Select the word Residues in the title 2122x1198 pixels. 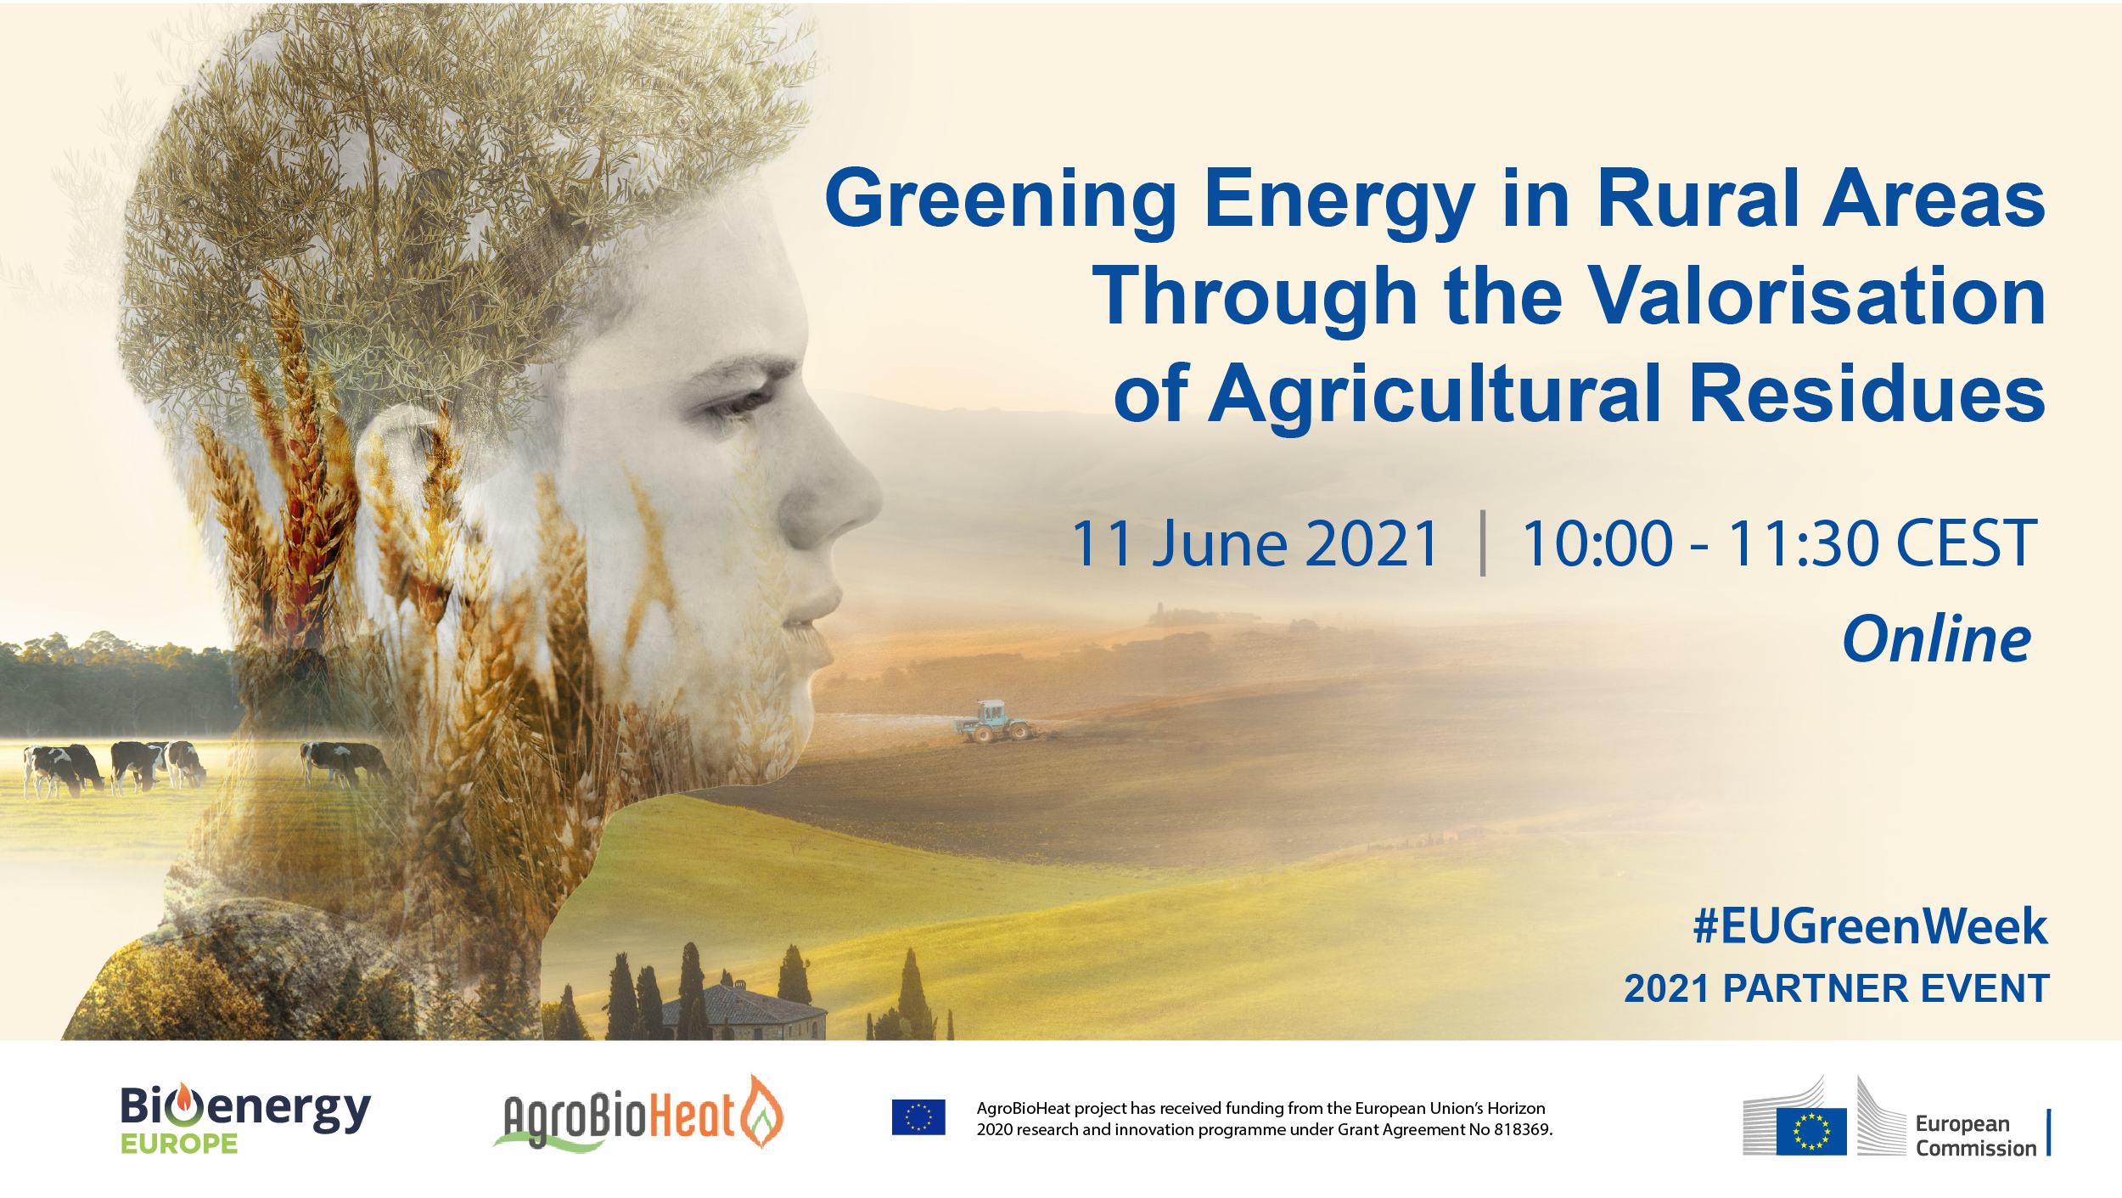[1867, 393]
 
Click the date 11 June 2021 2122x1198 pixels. [1255, 543]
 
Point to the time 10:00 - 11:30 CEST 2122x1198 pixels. [1779, 543]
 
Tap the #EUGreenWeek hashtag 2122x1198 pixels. [1870, 925]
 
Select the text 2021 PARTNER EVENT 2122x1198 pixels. [1837, 988]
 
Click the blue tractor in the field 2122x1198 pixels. [992, 721]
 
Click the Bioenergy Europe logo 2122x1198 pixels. [245, 1118]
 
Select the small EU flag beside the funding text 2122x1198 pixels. [918, 1117]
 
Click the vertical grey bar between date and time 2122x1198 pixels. [1483, 543]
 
